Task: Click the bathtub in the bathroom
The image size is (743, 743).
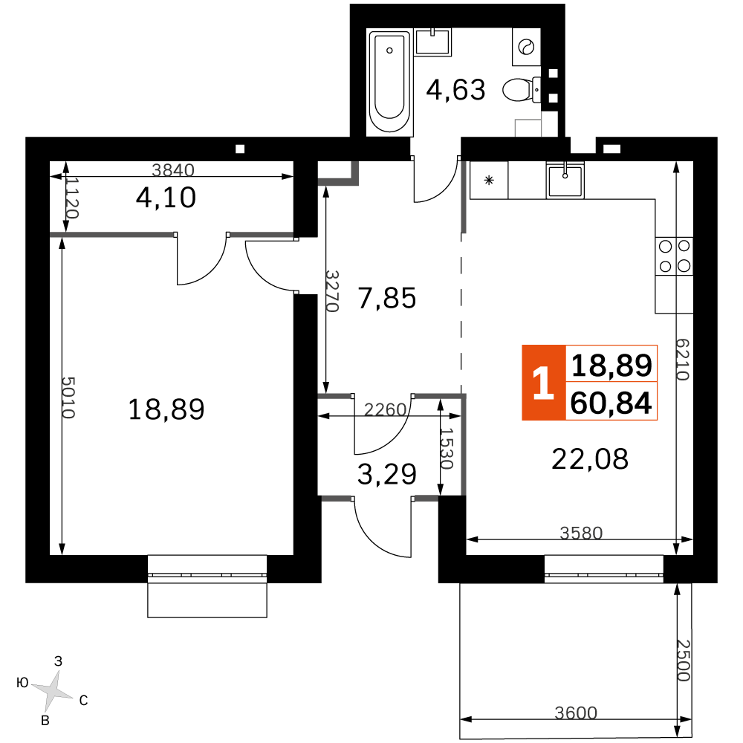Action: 389,82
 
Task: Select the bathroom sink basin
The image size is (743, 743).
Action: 432,42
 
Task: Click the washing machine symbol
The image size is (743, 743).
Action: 526,47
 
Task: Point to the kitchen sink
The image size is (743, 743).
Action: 565,181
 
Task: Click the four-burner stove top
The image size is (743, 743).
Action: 675,256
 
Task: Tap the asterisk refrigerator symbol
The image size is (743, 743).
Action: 489,180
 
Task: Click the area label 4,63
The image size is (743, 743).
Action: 456,90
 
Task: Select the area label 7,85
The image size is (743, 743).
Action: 387,298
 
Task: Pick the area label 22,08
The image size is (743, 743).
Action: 590,458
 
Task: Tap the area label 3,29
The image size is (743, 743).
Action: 387,474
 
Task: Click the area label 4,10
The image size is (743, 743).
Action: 166,198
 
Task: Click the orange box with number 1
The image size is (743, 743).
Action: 544,383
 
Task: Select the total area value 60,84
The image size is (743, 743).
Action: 611,403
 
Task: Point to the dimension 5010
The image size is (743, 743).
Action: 68,398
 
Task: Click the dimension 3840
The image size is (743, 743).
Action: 173,169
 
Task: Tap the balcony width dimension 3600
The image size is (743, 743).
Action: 576,713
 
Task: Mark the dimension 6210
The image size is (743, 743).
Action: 682,359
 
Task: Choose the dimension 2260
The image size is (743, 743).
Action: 385,409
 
